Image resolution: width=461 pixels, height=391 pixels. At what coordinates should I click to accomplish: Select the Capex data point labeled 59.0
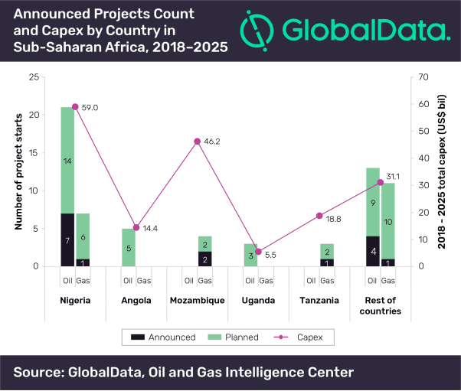(75, 106)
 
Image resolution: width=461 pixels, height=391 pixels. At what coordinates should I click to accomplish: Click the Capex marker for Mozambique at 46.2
(197, 141)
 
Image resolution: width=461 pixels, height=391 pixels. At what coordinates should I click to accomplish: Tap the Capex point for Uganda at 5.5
(258, 252)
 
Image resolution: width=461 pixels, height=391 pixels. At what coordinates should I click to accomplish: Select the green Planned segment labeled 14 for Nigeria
(67, 161)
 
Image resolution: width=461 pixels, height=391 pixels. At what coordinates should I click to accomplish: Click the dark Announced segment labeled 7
(67, 240)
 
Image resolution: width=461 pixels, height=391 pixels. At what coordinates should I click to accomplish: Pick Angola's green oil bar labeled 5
(128, 247)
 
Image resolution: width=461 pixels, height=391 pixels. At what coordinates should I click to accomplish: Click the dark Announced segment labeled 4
(372, 251)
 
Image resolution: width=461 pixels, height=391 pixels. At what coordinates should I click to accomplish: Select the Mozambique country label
(197, 300)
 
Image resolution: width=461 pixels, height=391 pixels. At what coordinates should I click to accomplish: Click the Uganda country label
(258, 300)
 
